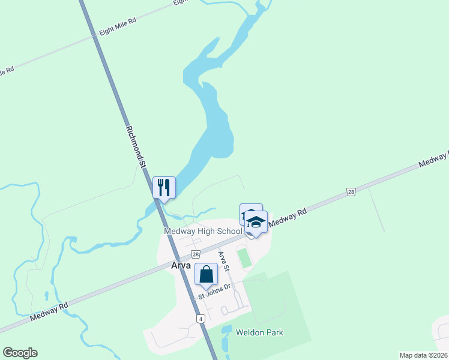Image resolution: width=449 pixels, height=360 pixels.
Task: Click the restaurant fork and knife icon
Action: [x=164, y=187]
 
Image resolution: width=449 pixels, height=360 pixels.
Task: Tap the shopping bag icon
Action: [x=206, y=274]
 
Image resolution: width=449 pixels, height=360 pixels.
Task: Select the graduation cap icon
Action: [x=256, y=221]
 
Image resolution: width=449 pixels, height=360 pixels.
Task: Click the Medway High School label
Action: [x=203, y=232]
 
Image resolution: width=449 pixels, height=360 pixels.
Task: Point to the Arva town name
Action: [x=180, y=265]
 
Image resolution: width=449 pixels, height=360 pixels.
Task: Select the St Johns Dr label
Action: [x=215, y=292]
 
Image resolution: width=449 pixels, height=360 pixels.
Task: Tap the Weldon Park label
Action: [x=259, y=332]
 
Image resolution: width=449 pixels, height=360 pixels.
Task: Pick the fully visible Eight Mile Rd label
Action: [x=118, y=28]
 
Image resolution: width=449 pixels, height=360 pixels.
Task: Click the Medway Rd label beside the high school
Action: [x=288, y=217]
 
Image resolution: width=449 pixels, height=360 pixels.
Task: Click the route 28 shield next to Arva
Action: [x=195, y=254]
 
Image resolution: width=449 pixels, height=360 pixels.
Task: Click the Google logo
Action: [x=20, y=353]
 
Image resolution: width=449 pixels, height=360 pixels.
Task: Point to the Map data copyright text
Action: [x=424, y=355]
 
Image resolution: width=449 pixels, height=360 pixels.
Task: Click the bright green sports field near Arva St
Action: [x=244, y=259]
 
